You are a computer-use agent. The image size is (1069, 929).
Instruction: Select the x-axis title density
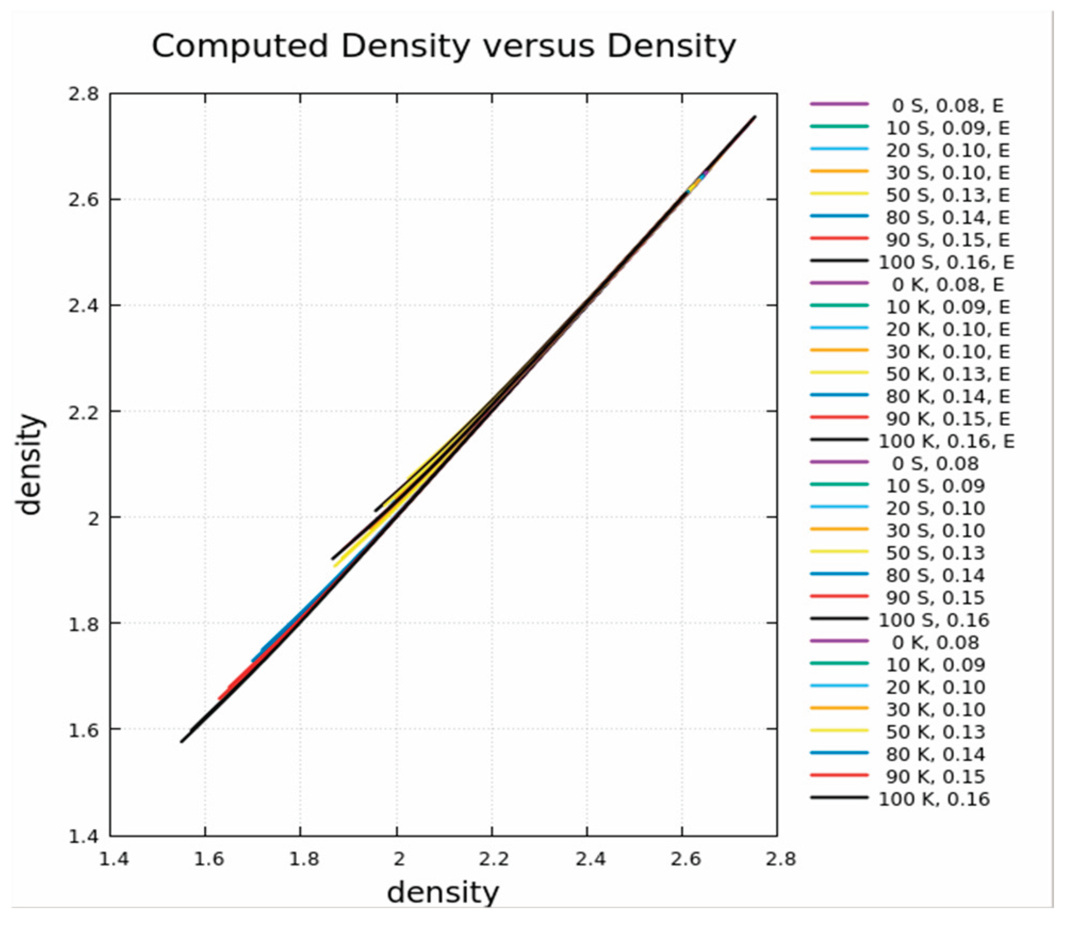[443, 892]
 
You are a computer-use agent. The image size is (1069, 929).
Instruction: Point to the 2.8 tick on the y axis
[84, 94]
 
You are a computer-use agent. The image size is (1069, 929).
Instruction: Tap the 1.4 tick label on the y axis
[84, 836]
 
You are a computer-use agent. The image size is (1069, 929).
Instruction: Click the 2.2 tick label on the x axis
[494, 859]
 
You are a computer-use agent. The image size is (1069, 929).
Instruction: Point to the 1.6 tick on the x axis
[208, 859]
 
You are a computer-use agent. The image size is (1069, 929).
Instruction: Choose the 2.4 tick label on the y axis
[84, 306]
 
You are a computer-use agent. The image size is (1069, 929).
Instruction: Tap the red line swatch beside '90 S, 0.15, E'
[839, 239]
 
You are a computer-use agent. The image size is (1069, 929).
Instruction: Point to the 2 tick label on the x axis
[399, 859]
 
